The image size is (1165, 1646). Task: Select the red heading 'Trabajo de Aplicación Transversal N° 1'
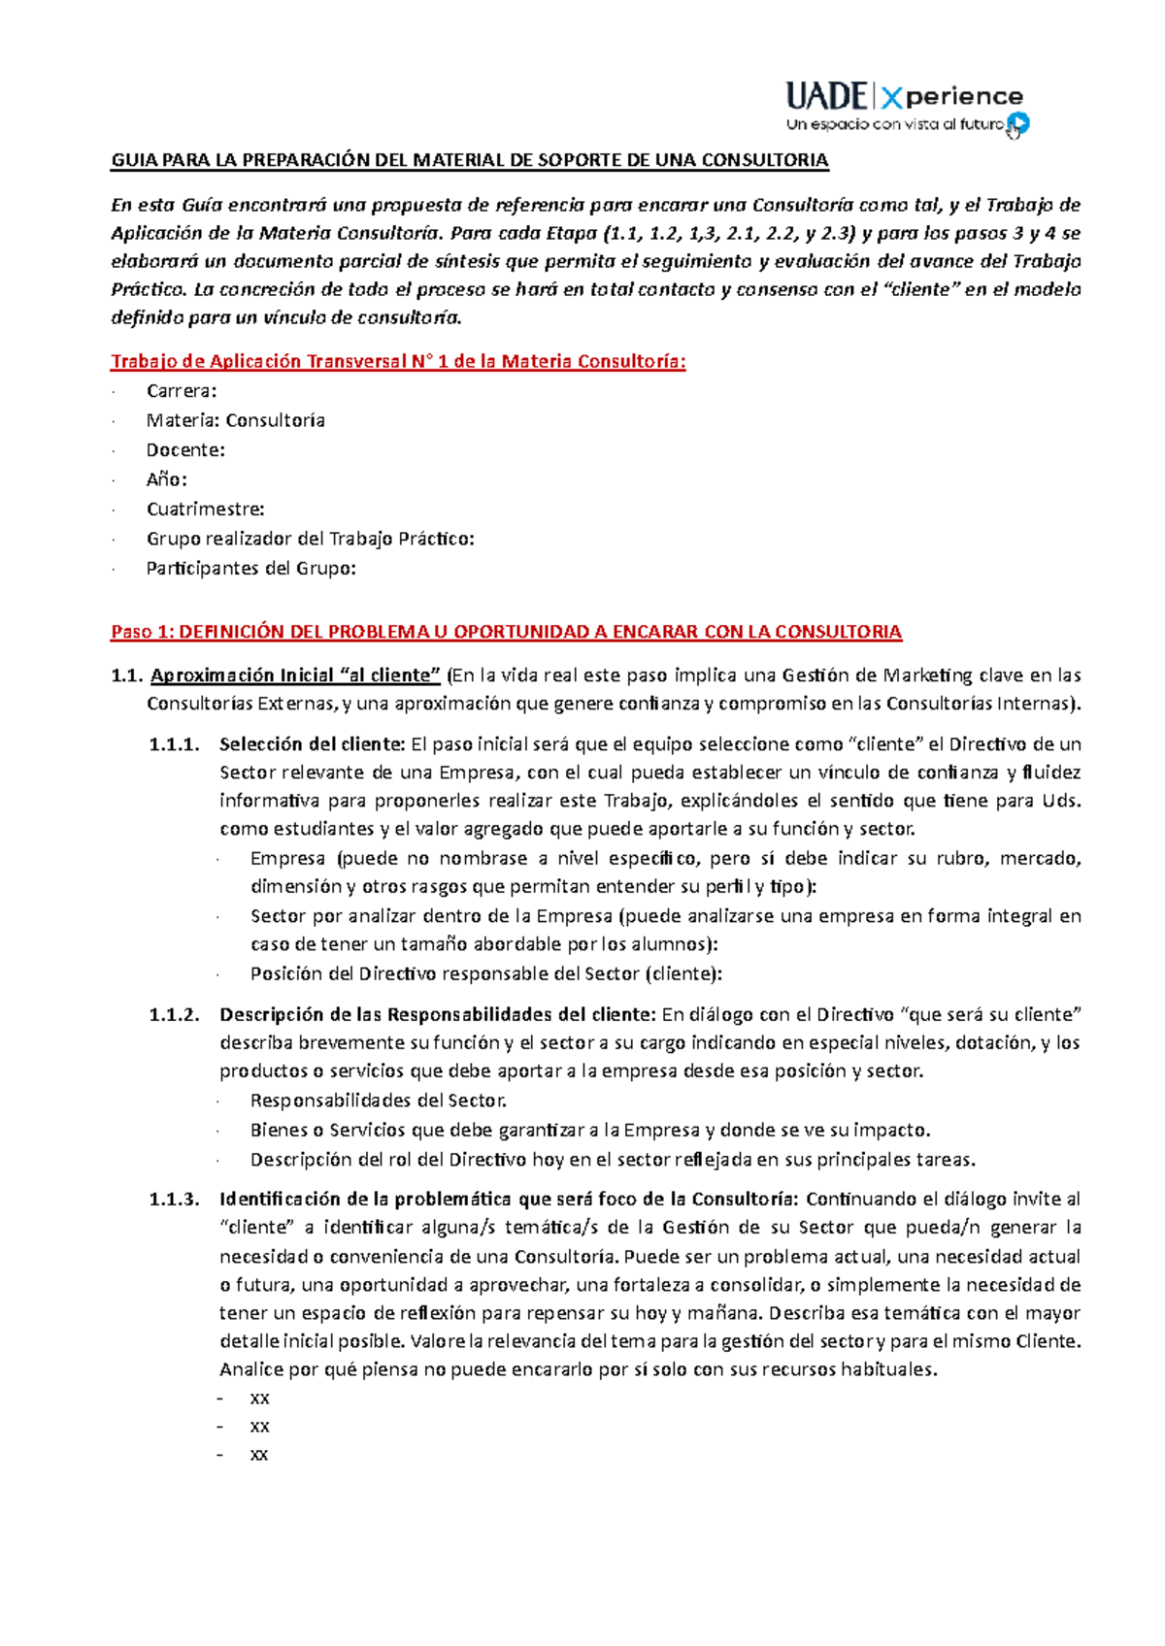click(398, 362)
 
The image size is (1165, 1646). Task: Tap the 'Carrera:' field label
click(182, 391)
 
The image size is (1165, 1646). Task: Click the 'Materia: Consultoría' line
click(236, 420)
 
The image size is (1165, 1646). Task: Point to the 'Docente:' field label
click(185, 450)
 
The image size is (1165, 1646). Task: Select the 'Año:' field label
click(167, 479)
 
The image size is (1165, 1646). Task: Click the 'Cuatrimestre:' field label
click(205, 510)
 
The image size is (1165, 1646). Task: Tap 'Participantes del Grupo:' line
click(251, 569)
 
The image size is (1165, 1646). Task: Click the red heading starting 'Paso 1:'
click(506, 632)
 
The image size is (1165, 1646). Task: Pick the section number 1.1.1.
click(174, 744)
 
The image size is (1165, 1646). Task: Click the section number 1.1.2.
click(174, 1015)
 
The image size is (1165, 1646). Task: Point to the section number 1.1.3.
click(174, 1200)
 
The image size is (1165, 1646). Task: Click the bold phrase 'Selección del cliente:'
click(312, 744)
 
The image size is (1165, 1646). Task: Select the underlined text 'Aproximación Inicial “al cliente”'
click(296, 675)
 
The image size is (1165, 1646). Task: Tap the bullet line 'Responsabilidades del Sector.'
click(379, 1101)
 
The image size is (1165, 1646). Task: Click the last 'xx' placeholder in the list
click(259, 1455)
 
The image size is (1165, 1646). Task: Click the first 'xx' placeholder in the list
click(259, 1399)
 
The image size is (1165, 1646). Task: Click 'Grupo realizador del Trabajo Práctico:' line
click(311, 539)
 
